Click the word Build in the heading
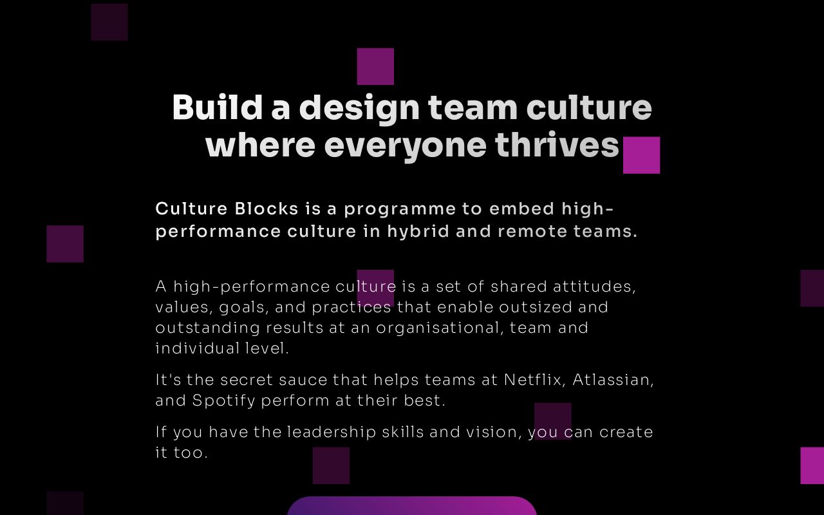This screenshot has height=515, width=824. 217,107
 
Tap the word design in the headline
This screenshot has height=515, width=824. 359,108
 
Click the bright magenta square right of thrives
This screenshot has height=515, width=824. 641,155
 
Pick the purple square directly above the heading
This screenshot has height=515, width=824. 375,66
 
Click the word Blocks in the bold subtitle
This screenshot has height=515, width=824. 267,209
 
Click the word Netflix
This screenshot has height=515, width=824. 532,379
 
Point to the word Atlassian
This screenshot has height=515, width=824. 613,380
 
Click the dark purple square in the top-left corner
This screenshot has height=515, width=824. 109,22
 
